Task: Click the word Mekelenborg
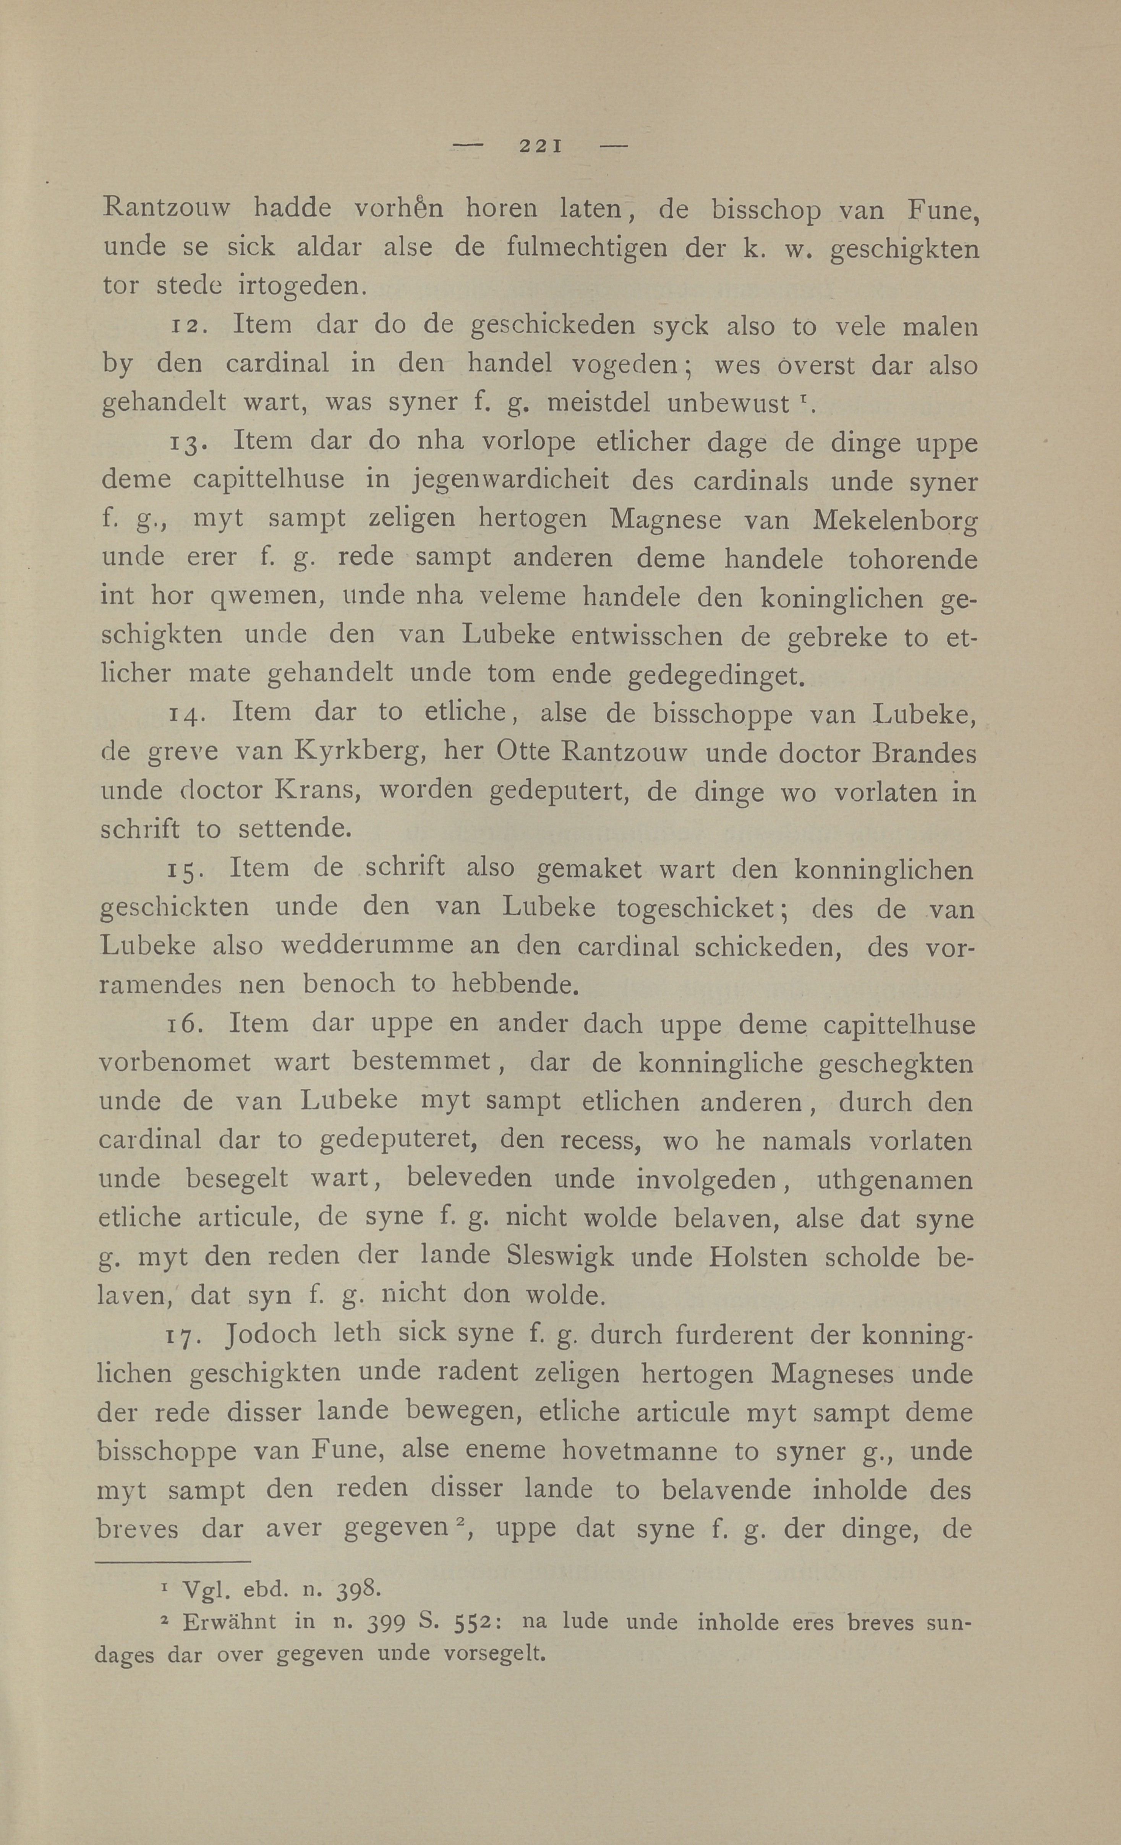tap(894, 521)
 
